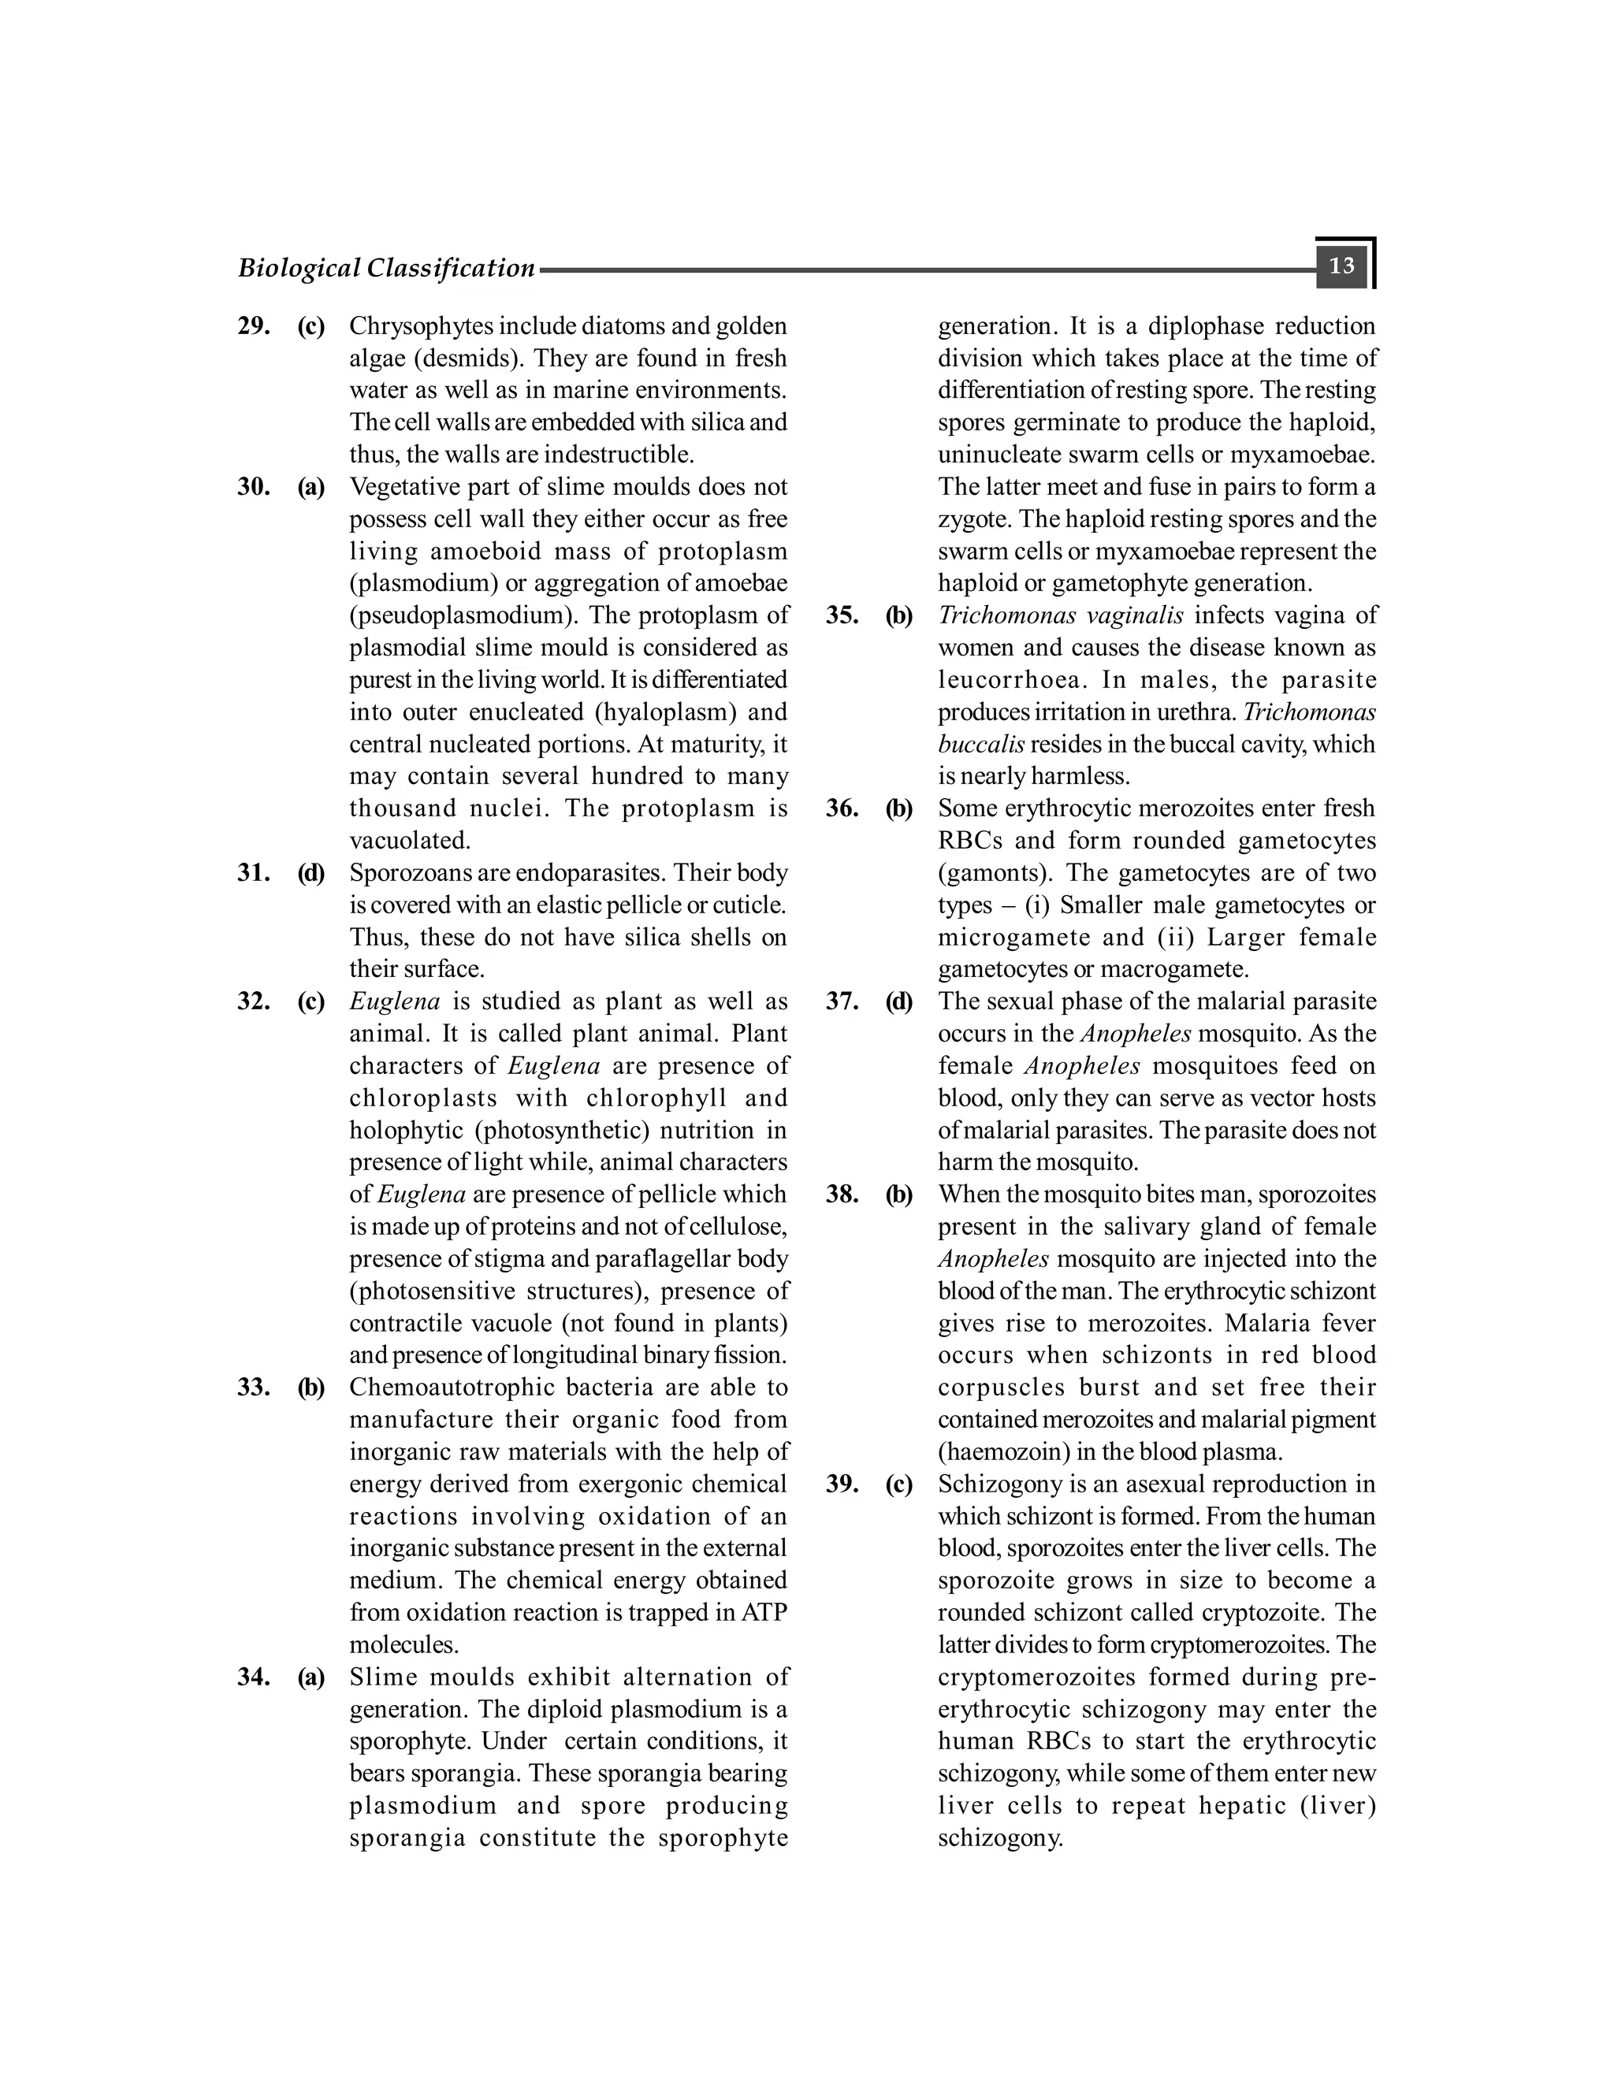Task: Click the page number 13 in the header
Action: (x=1341, y=266)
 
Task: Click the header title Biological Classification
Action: (x=386, y=269)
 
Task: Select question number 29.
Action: (x=254, y=326)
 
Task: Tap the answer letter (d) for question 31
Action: (x=311, y=873)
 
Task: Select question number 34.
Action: (x=254, y=1677)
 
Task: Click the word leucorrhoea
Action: (x=1012, y=680)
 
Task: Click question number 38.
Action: (x=842, y=1194)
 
